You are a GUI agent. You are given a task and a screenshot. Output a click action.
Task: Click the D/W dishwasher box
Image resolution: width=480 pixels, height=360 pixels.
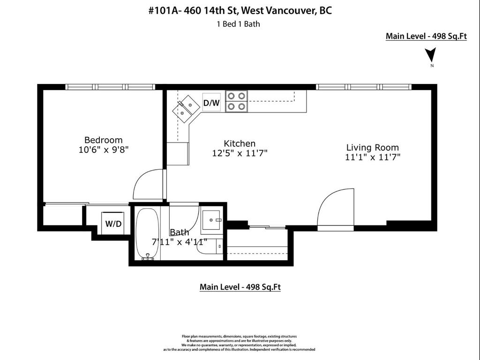pos(211,103)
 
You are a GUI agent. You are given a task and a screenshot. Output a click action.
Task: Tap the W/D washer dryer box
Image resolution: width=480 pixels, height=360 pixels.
pos(112,224)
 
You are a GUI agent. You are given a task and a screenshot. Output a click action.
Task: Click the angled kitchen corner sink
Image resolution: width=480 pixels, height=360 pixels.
pos(185,109)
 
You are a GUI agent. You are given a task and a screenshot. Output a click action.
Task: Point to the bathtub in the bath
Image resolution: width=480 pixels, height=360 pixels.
pos(148,233)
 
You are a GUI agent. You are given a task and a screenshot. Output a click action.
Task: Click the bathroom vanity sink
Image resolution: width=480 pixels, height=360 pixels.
pos(213,220)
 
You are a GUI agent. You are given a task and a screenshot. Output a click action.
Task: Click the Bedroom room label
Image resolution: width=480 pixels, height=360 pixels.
pos(103,140)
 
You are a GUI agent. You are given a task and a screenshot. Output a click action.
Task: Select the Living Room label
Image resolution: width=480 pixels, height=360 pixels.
pos(372,147)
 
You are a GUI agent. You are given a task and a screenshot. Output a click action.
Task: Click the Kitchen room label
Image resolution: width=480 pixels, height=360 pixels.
pos(240,143)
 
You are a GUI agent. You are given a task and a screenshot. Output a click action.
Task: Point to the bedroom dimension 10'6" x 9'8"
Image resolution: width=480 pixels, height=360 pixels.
pos(103,150)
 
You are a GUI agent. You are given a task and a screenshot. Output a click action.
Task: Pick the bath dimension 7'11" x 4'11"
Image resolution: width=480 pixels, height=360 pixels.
pos(180,242)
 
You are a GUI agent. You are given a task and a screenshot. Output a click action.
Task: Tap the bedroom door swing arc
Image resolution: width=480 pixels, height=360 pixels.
pos(147,184)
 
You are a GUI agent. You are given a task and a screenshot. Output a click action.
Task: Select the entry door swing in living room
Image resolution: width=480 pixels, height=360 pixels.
pos(336,207)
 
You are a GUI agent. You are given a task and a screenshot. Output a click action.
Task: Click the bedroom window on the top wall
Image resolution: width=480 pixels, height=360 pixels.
pos(110,87)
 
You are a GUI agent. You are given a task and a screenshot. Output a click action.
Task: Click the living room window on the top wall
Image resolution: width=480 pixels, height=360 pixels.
pos(364,87)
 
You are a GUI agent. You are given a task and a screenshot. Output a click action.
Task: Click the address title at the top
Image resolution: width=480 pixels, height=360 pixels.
pos(240,11)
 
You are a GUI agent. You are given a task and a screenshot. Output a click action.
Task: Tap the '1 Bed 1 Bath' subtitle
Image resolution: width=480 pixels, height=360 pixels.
pos(238,24)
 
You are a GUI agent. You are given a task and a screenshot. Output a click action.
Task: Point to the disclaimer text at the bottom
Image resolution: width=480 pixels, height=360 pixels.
pos(239,343)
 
